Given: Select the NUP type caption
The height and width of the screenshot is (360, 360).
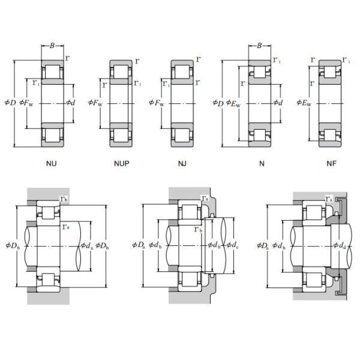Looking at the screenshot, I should (121, 163).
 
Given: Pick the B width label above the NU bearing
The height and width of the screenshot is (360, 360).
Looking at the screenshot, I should (52, 44).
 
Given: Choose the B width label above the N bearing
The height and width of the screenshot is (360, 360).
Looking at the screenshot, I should (259, 46).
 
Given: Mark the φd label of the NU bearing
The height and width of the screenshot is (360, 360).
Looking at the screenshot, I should (71, 103).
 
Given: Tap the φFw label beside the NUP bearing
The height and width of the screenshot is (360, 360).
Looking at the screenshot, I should (95, 103).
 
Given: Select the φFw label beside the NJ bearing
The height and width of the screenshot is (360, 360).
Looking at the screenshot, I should (156, 103).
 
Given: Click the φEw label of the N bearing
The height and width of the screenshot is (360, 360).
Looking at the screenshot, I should (233, 103).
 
